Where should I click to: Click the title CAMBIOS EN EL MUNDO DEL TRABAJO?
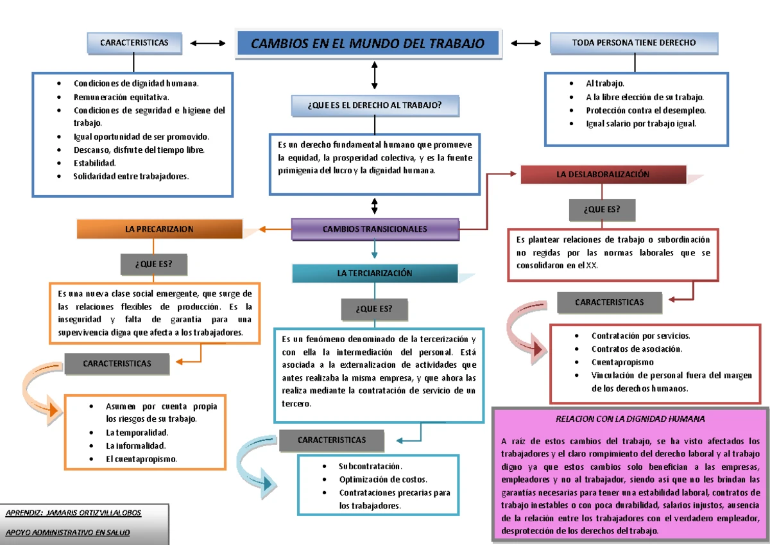[368, 44]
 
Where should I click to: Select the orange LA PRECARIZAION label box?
[160, 229]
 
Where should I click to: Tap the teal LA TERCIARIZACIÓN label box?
[375, 273]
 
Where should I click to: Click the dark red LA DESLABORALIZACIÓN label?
[603, 174]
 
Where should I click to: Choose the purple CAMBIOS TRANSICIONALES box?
[375, 229]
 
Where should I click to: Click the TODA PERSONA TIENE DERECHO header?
[634, 43]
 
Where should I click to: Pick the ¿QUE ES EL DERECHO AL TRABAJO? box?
[375, 105]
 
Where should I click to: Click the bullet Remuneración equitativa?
[121, 97]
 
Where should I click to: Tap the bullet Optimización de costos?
[383, 480]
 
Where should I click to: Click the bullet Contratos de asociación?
[637, 349]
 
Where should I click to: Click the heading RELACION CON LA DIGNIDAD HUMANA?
[630, 419]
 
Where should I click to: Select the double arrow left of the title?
[208, 44]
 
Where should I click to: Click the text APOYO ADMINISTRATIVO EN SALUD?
[67, 533]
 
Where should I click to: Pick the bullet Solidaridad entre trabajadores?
[131, 177]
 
